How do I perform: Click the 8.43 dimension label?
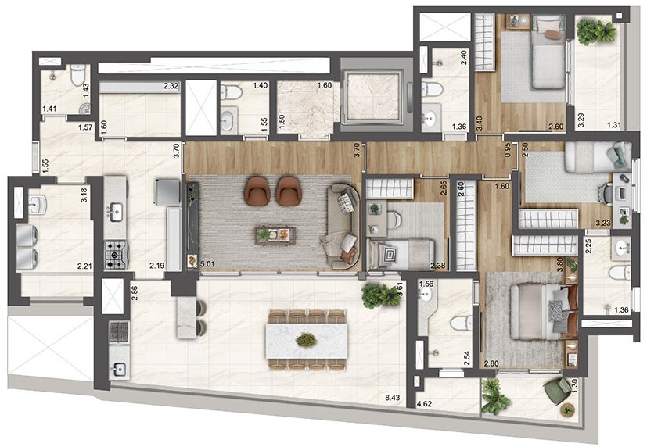393,399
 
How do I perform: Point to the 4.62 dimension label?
424,404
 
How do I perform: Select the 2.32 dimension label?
171,86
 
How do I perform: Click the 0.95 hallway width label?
508,149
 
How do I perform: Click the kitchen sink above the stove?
115,211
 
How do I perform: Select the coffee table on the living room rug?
275,234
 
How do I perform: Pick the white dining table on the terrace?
306,340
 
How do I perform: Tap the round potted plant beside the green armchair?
568,410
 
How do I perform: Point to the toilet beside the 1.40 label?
231,92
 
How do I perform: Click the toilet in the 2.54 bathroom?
462,323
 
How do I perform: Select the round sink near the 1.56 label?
425,294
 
